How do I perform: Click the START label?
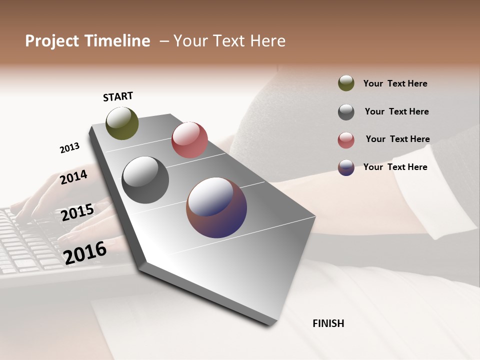tap(118, 96)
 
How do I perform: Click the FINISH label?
tap(328, 323)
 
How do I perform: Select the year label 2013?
tap(69, 148)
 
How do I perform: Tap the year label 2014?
tap(74, 177)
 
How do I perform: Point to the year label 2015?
tap(77, 212)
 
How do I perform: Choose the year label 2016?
tap(85, 253)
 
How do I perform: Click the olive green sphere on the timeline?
tap(122, 123)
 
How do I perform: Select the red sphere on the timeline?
tap(189, 140)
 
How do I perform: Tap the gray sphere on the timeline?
tap(145, 180)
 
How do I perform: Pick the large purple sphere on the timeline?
tap(216, 207)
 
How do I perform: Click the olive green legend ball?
tap(346, 83)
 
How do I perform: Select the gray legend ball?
tap(346, 112)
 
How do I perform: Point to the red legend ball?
tap(346, 140)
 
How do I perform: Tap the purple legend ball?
tap(346, 167)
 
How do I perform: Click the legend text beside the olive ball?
tap(395, 83)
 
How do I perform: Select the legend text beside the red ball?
tap(397, 139)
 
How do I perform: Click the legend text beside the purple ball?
tap(395, 167)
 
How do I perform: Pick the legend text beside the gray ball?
tap(396, 111)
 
